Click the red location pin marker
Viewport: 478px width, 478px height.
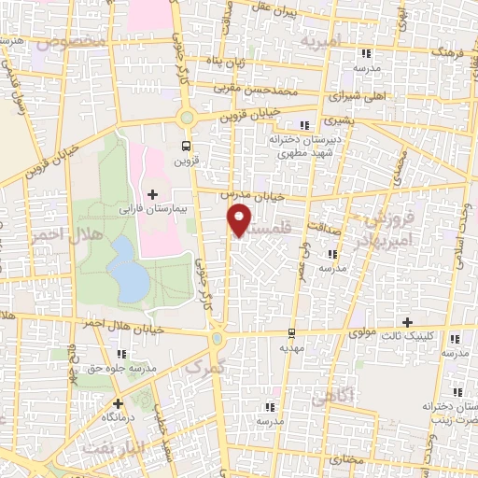click(x=241, y=220)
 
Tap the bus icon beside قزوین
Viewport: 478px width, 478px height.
click(x=186, y=146)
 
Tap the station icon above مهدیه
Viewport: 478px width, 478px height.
click(x=291, y=331)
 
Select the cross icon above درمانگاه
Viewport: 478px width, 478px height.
click(x=118, y=403)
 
